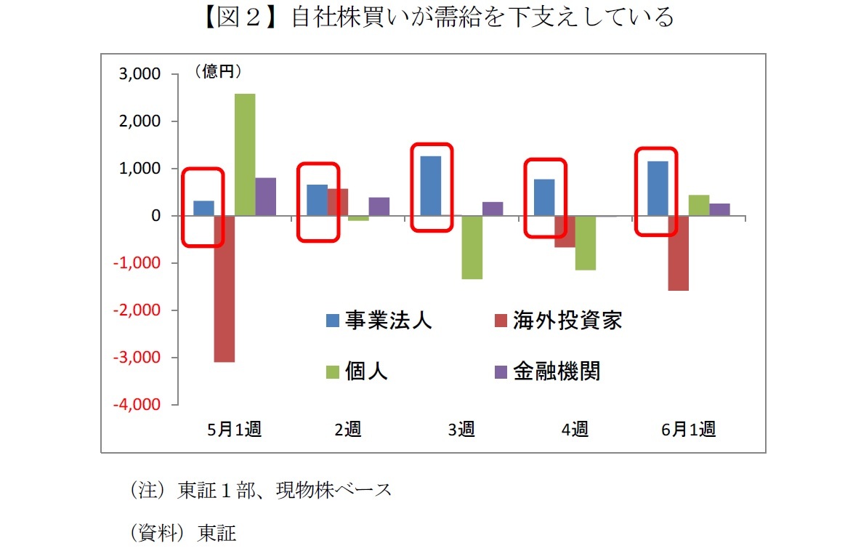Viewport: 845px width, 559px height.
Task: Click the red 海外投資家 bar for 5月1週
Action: pos(225,289)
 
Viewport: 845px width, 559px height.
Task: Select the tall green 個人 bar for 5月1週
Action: pos(245,155)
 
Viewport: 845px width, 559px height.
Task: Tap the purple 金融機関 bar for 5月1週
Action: pos(266,197)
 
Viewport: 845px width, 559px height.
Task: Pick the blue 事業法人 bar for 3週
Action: pos(431,186)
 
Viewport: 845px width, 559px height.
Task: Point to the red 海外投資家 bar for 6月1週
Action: pos(679,253)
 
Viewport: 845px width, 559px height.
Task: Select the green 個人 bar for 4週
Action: pos(586,243)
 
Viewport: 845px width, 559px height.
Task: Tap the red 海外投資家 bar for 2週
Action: pos(338,202)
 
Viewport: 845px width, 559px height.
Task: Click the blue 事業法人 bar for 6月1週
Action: pos(658,188)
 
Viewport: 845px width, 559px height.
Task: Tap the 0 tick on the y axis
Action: pos(155,216)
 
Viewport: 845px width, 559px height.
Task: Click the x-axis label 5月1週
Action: pos(234,430)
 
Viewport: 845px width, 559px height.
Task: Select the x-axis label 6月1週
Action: pos(688,430)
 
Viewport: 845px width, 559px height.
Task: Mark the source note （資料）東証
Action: pos(182,534)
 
